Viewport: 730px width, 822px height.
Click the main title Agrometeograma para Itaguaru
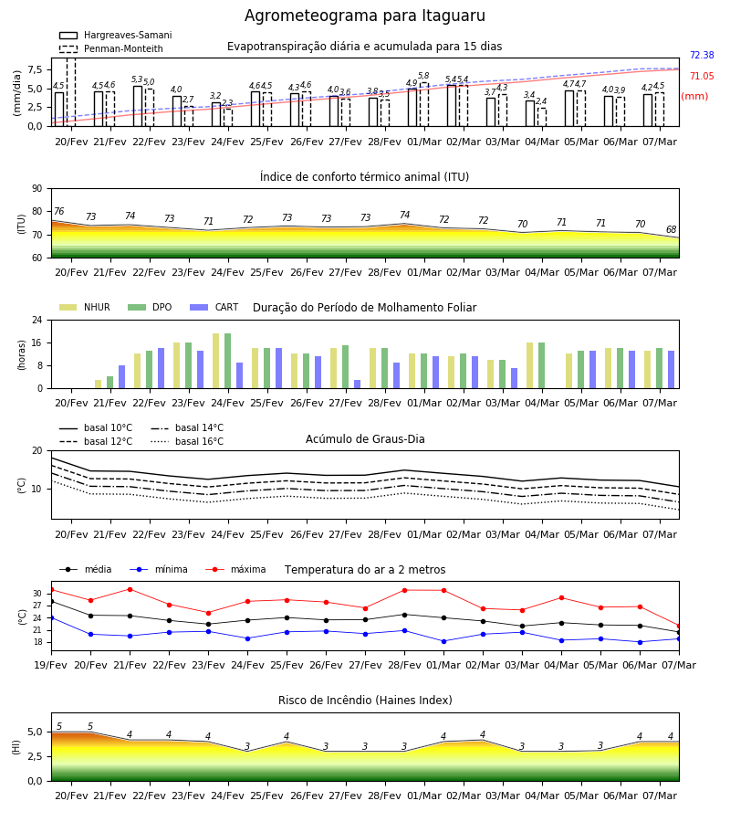(364, 16)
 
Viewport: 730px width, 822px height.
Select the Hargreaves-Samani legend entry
(115, 35)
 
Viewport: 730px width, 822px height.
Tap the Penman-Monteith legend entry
(111, 48)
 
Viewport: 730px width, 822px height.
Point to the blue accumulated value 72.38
(702, 55)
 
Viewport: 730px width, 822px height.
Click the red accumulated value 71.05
(702, 76)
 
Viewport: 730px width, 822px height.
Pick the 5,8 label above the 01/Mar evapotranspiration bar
(423, 76)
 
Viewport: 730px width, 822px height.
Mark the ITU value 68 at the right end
(672, 229)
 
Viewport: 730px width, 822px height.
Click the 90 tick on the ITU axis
(36, 189)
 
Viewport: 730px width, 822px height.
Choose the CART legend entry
(214, 307)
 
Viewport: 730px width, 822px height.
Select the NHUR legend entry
(85, 307)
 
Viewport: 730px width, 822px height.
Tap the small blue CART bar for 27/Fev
(357, 385)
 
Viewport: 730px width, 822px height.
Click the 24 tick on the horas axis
(36, 320)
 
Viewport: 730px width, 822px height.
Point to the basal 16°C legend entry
(187, 441)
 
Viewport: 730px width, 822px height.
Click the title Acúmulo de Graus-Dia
(365, 439)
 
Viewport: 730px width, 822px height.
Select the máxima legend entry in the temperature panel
(235, 569)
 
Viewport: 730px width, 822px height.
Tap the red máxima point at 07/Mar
(679, 626)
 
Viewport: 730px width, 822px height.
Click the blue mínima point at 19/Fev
(51, 618)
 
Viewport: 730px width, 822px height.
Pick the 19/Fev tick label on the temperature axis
(51, 665)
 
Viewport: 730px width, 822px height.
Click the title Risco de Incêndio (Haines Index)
(365, 701)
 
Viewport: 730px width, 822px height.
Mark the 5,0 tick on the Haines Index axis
(35, 732)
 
